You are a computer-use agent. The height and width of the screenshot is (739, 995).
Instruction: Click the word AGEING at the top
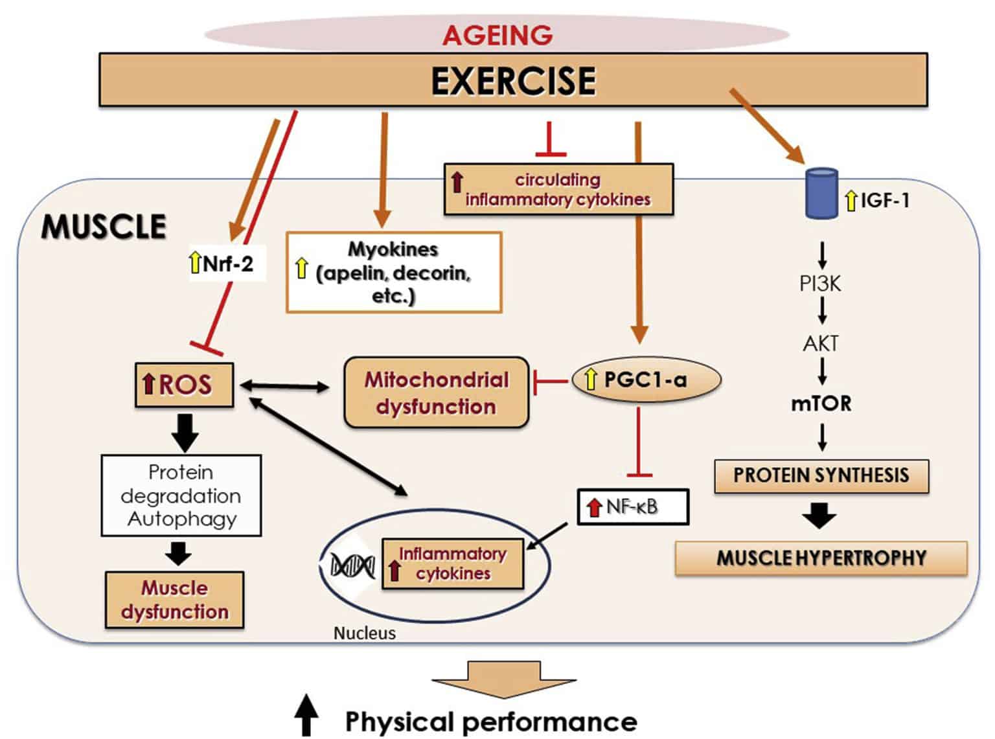(497, 36)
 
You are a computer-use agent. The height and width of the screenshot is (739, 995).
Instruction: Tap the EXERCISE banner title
(513, 81)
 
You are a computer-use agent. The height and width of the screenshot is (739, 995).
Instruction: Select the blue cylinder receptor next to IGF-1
(821, 194)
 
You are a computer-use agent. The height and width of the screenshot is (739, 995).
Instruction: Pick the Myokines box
(394, 273)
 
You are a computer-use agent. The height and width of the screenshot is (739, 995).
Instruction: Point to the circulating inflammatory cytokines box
(558, 189)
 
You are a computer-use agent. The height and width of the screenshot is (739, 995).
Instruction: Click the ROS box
(185, 385)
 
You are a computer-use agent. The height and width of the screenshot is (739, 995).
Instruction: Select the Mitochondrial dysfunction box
(437, 392)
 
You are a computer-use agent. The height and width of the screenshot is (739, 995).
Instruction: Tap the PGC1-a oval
(646, 380)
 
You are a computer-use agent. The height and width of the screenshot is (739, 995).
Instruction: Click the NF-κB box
(633, 506)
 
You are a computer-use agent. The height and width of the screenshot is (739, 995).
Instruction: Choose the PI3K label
(821, 284)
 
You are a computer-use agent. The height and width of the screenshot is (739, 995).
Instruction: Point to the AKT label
(821, 344)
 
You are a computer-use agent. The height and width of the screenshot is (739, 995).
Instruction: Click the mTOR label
(821, 404)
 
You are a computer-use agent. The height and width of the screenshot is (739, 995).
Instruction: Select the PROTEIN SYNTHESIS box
(821, 475)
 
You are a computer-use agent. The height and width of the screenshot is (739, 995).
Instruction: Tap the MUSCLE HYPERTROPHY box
(821, 558)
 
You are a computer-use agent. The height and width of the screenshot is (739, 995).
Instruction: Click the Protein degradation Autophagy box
(181, 495)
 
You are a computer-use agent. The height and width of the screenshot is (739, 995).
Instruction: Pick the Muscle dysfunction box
(174, 600)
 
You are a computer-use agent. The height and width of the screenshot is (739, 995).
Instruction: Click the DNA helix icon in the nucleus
(352, 565)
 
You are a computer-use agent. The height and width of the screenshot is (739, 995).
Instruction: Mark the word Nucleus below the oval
(365, 633)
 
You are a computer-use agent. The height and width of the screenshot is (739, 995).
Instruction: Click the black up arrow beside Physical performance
(306, 715)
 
